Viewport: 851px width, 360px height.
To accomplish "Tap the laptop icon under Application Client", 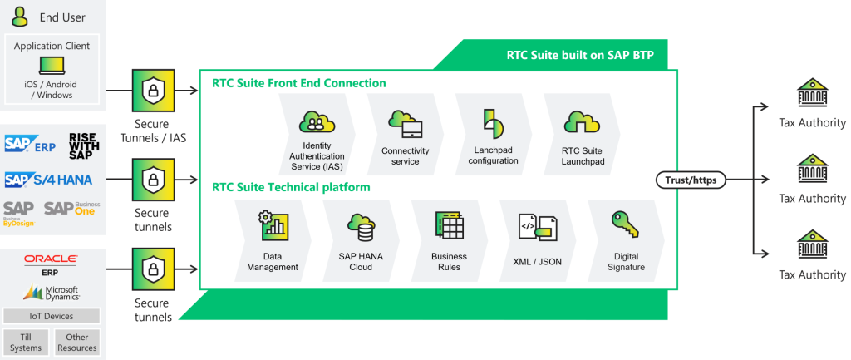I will (x=52, y=65).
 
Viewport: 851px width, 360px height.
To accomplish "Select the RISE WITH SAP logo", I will (x=84, y=145).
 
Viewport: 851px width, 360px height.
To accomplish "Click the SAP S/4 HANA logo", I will (x=47, y=179).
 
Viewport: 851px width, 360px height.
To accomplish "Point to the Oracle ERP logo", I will (x=52, y=264).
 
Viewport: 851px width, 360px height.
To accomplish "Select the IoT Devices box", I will (x=52, y=316).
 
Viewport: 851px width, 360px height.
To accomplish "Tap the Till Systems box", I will (x=26, y=342).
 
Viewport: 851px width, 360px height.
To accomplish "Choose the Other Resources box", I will (x=77, y=342).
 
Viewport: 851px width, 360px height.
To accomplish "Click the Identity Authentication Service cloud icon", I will (x=316, y=121).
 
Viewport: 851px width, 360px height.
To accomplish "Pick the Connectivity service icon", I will (x=406, y=123).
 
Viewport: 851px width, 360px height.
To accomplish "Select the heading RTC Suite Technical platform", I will (x=291, y=187).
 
